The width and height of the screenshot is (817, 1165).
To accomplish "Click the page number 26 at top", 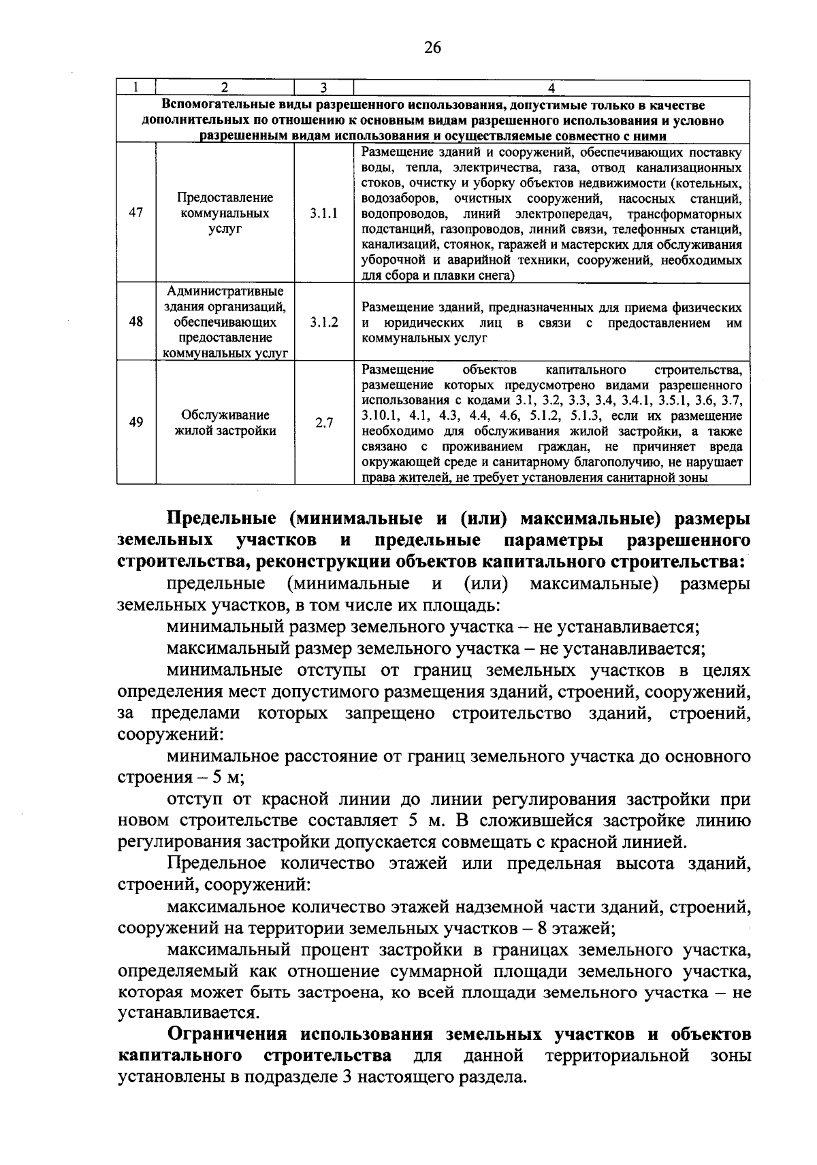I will (x=432, y=47).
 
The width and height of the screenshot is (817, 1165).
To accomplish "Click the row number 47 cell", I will (x=136, y=212).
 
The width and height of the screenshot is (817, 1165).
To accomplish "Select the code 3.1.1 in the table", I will (x=324, y=213).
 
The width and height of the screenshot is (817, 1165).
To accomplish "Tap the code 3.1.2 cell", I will (x=324, y=322).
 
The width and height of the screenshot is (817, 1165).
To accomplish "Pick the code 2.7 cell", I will (x=324, y=423).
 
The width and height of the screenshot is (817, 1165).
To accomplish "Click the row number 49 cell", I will (x=136, y=423).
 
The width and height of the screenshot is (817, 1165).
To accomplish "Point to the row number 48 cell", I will (x=136, y=322).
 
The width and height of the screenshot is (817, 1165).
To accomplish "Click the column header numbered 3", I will (x=324, y=87).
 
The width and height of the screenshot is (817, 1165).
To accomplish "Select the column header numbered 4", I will (x=551, y=87).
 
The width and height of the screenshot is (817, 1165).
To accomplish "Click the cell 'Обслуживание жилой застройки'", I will (x=225, y=423).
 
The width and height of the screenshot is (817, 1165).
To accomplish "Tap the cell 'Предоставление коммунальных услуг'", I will (x=225, y=213).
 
